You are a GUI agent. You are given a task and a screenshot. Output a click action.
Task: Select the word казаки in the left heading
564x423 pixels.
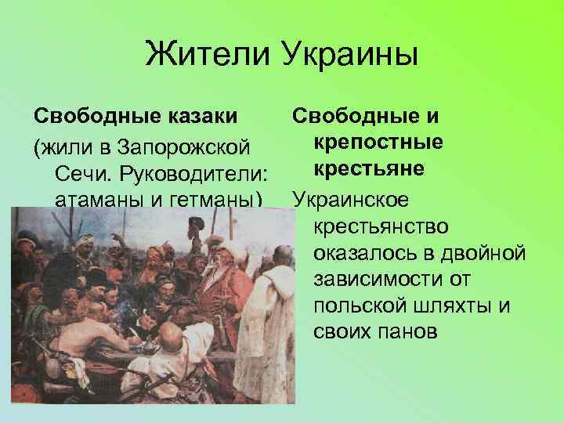(x=200, y=117)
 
